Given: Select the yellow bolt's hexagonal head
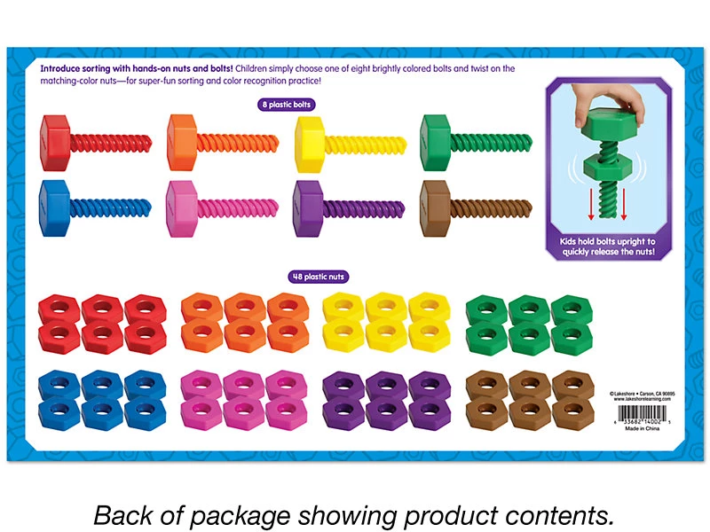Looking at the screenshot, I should click(x=312, y=137).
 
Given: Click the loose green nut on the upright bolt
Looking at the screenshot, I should click(x=610, y=166).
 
